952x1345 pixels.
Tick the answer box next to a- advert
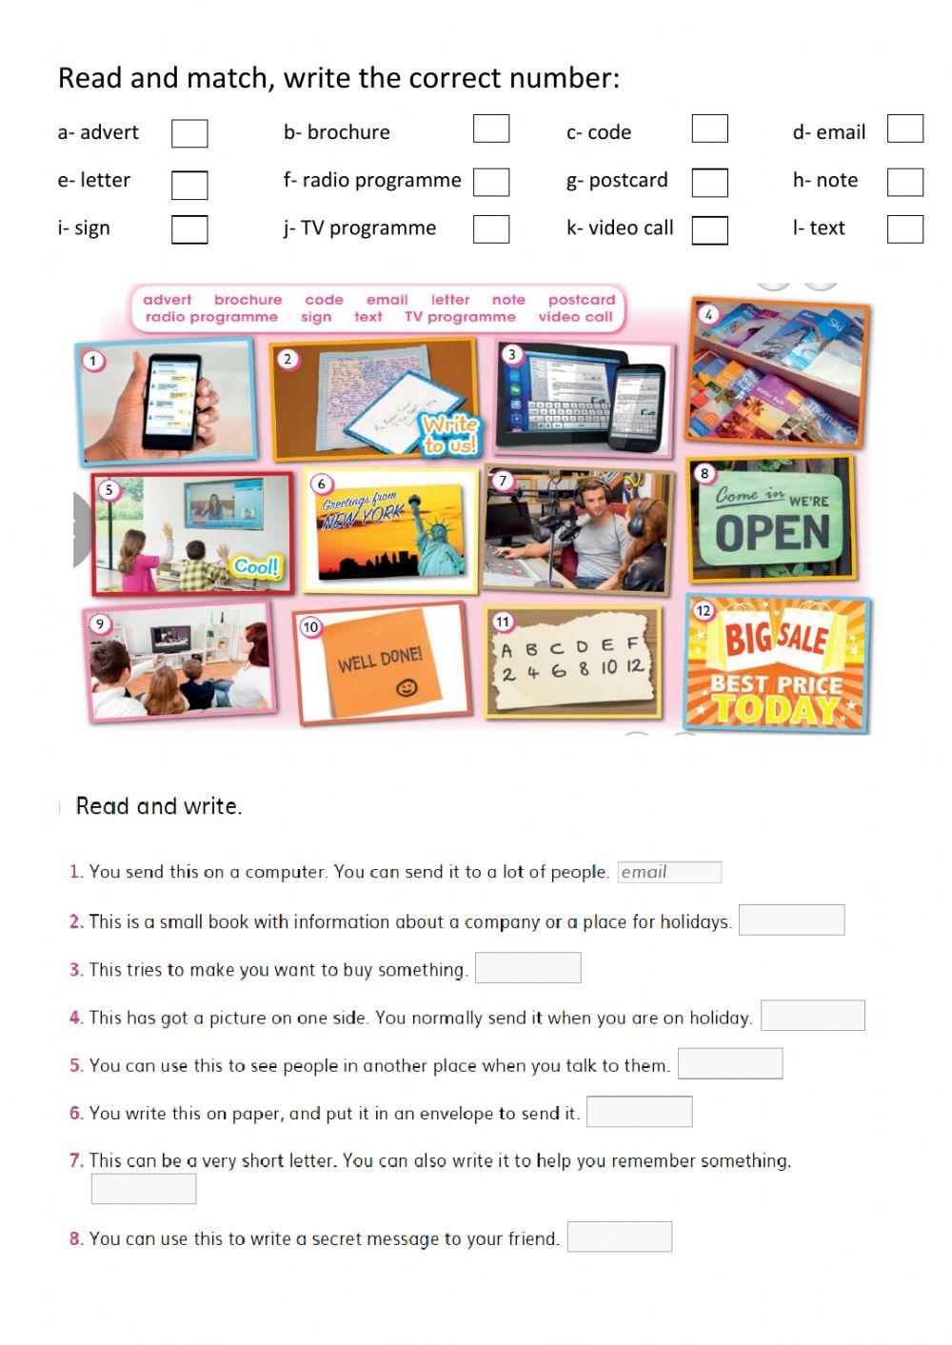[x=189, y=133]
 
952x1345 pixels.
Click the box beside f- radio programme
[x=491, y=182]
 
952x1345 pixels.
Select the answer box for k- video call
[x=709, y=230]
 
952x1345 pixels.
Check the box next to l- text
[x=904, y=229]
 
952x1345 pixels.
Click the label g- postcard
[x=617, y=180]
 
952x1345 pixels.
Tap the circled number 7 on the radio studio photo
[x=503, y=481]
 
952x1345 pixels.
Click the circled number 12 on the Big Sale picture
[x=703, y=610]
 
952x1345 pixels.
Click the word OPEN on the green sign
[x=772, y=534]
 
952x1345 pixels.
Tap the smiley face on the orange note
[x=407, y=687]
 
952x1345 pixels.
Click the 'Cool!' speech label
[x=256, y=567]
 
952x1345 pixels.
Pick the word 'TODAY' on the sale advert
[x=775, y=709]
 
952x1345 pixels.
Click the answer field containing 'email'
[x=669, y=872]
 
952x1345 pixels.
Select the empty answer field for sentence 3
[x=527, y=968]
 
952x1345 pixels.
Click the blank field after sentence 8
[x=619, y=1236]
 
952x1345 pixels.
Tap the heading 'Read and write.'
[x=159, y=806]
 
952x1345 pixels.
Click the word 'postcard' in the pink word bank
[x=581, y=300]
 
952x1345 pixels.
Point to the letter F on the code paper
[x=632, y=644]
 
